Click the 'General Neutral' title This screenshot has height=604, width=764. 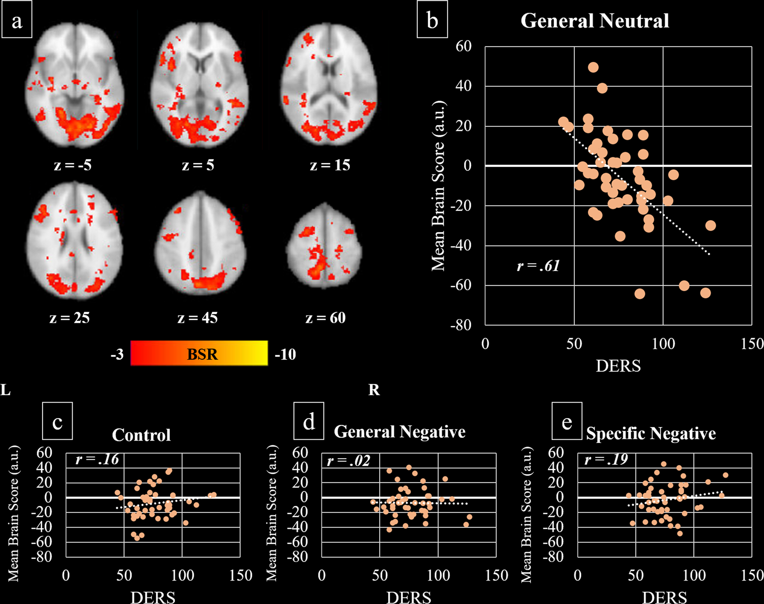pyautogui.click(x=595, y=21)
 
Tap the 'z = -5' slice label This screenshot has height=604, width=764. pyautogui.click(x=73, y=165)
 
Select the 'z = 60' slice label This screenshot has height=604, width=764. pyautogui.click(x=325, y=318)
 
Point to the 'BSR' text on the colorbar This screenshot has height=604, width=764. pyautogui.click(x=202, y=354)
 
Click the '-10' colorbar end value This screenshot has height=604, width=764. pyautogui.click(x=285, y=354)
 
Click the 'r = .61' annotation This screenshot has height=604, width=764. pyautogui.click(x=538, y=266)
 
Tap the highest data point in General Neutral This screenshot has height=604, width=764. pyautogui.click(x=593, y=67)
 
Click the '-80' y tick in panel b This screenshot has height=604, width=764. pyautogui.click(x=461, y=325)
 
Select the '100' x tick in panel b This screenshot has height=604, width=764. pyautogui.click(x=663, y=344)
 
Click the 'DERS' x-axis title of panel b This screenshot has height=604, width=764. pyautogui.click(x=618, y=366)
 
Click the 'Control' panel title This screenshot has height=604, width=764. pyautogui.click(x=141, y=435)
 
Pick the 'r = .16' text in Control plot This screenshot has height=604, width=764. pyautogui.click(x=97, y=460)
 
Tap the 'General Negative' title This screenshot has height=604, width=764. pyautogui.click(x=400, y=432)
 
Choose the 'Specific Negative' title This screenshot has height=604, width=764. pyautogui.click(x=651, y=433)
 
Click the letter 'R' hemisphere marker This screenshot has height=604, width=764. pyautogui.click(x=374, y=390)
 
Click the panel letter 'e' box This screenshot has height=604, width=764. pyautogui.click(x=567, y=422)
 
